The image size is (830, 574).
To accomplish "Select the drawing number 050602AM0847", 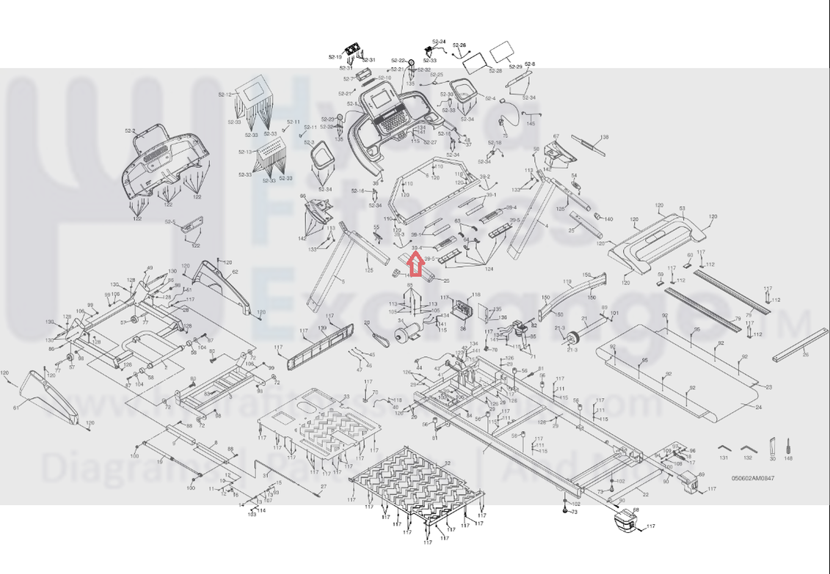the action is coord(752,479).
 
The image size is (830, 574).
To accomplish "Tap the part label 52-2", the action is coord(130,131).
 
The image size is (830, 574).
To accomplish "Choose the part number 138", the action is coord(604,137).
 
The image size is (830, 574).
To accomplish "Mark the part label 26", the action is coord(805,355).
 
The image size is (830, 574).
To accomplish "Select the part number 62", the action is coord(235,272).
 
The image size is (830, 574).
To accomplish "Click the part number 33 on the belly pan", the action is coord(346,397).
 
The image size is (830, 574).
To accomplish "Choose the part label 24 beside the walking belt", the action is coord(758,406).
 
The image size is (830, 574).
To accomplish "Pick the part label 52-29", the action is coord(515,67).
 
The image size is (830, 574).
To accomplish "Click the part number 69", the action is coord(701,474).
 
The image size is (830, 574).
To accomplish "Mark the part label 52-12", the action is coord(225,95).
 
